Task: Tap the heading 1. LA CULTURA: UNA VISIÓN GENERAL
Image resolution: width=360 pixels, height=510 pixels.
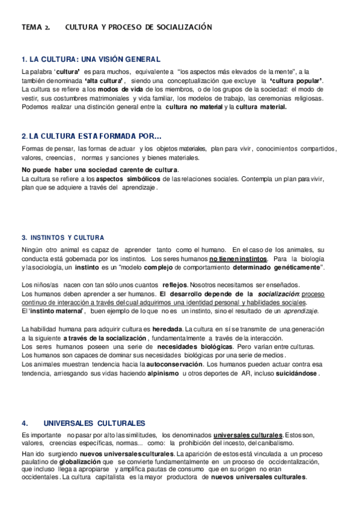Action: tap(90, 59)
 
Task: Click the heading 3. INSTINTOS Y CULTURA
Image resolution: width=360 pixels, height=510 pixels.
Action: tap(63, 237)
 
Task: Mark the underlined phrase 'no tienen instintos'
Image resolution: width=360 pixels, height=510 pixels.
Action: tap(239, 259)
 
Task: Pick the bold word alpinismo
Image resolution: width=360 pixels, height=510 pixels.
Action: tap(159, 373)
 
